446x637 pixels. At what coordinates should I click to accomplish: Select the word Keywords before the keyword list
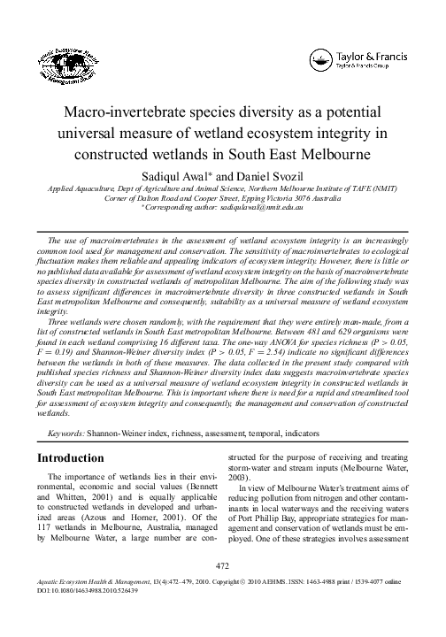coord(65,435)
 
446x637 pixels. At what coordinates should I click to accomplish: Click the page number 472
coord(223,588)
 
